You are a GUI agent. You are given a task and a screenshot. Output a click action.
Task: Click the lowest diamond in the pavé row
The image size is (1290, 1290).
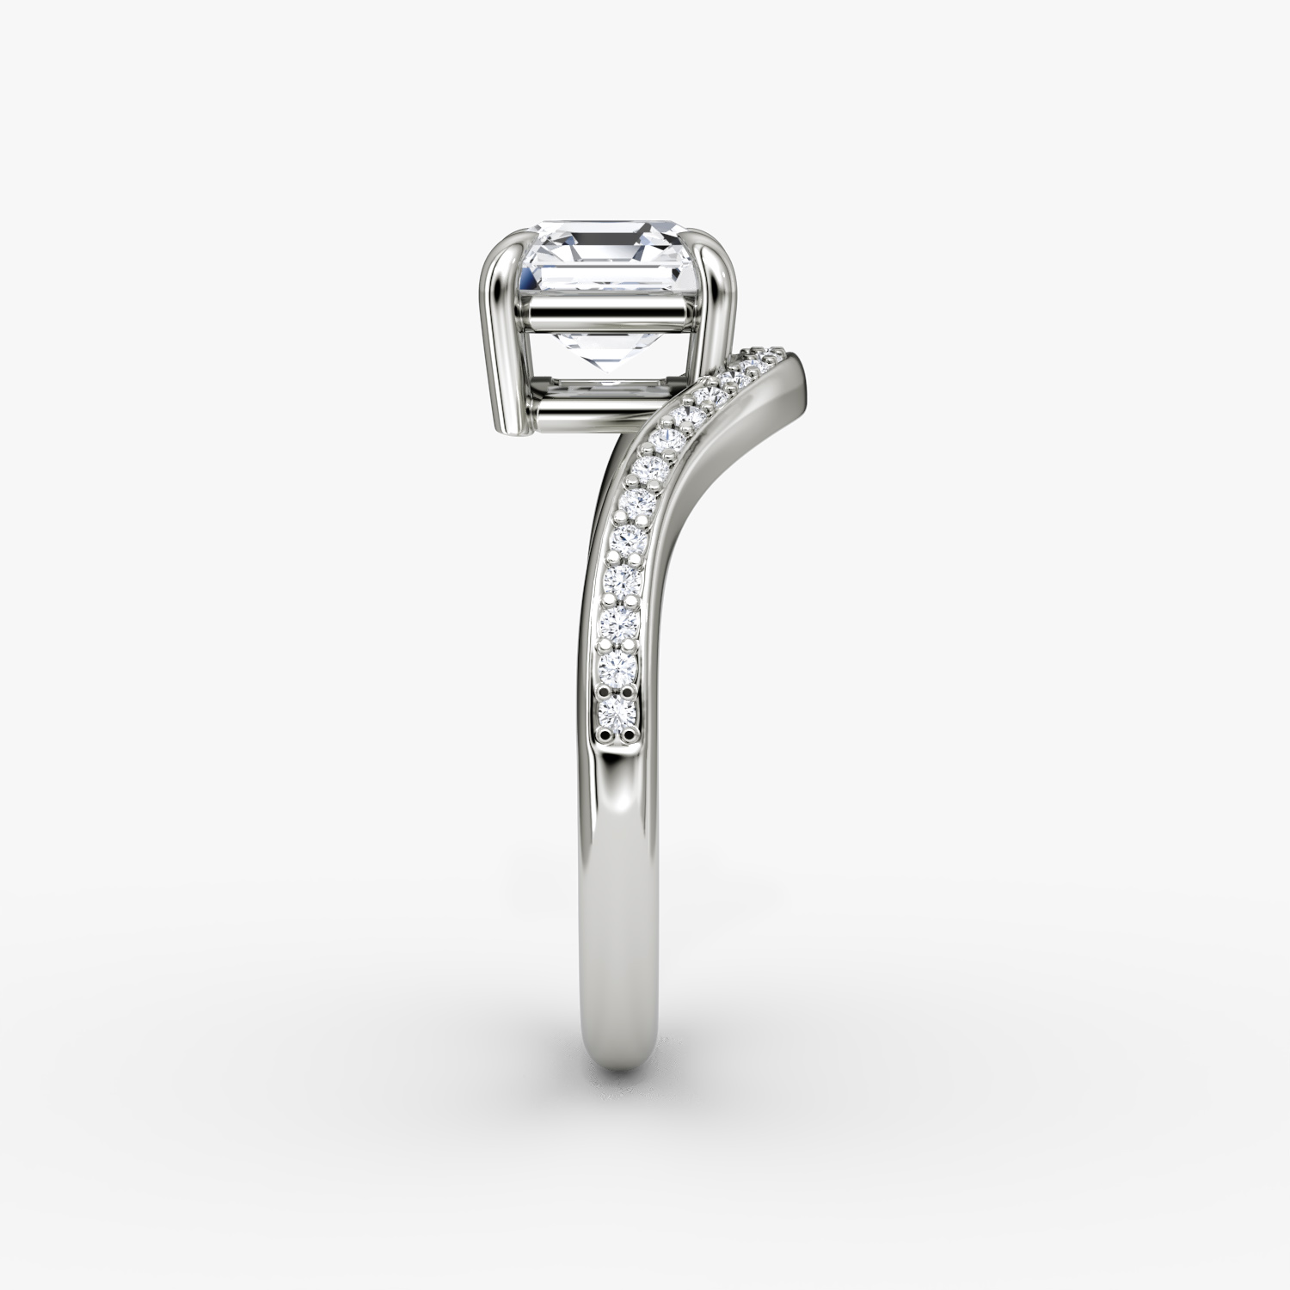click(x=617, y=709)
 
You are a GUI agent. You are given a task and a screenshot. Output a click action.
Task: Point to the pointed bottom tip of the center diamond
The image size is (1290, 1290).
click(x=608, y=377)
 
